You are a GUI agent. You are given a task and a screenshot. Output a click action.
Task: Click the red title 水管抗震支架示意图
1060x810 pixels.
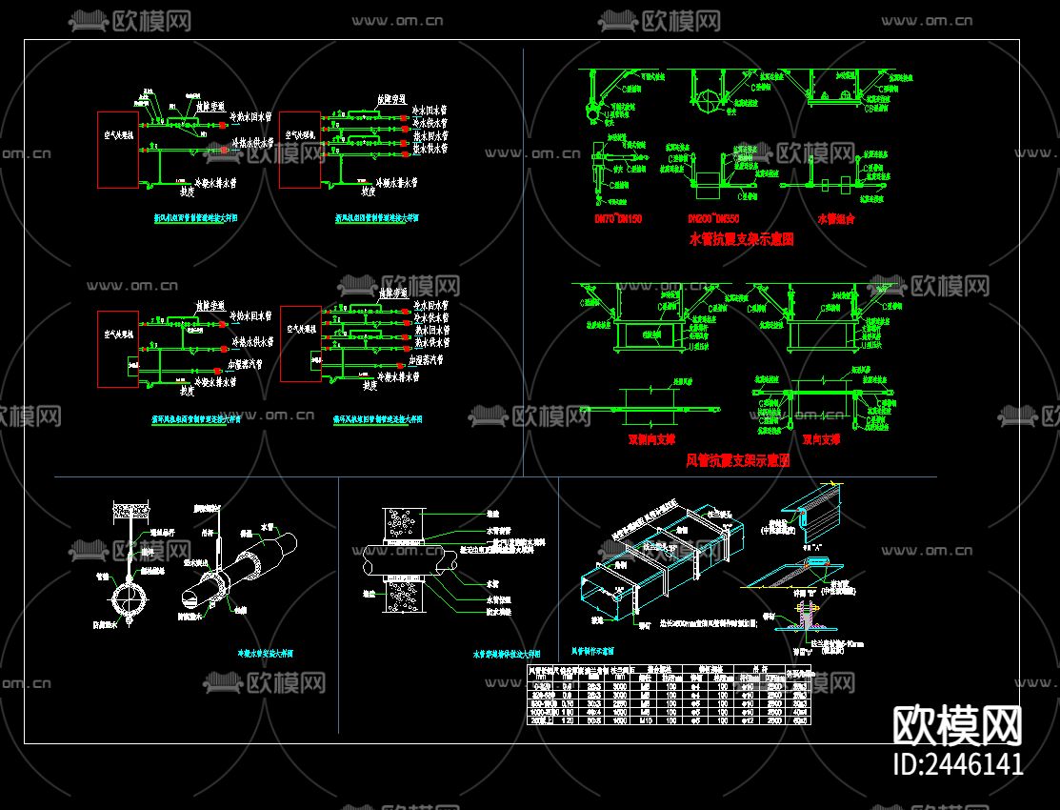pos(741,240)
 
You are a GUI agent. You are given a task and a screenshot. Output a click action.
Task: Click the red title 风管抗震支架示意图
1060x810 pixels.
pos(738,460)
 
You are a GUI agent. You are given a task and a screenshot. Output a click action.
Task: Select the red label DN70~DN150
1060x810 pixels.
pos(617,219)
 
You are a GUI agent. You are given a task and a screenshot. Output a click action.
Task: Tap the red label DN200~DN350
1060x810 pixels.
pos(727,219)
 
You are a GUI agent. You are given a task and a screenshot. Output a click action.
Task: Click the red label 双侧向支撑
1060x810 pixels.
pos(651,440)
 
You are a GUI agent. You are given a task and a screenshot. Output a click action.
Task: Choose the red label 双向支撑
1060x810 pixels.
pos(820,440)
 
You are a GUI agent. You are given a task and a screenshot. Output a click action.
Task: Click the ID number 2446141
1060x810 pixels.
pos(957,763)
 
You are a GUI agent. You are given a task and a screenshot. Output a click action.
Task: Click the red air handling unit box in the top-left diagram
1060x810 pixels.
pos(118,149)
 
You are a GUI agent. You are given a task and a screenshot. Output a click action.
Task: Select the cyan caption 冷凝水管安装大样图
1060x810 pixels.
pos(265,655)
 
